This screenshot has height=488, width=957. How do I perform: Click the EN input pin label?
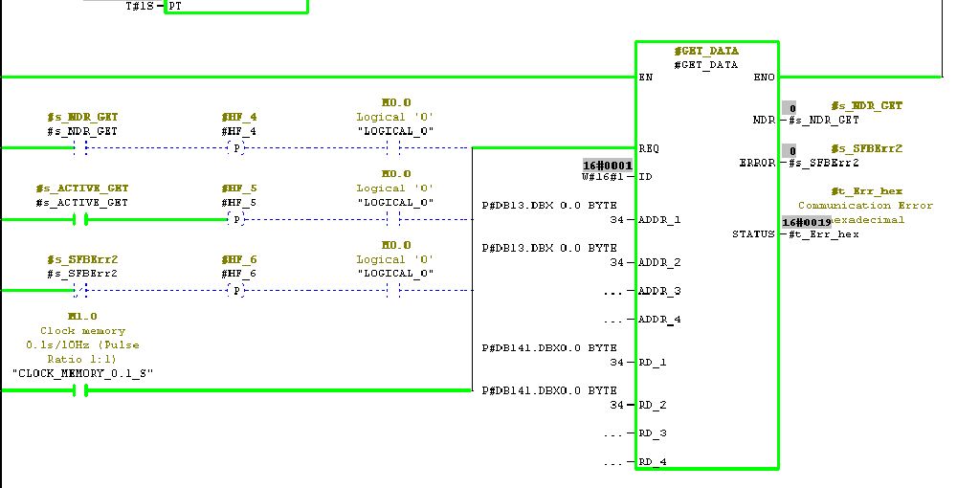tap(647, 78)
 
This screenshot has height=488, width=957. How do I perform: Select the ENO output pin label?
tap(765, 78)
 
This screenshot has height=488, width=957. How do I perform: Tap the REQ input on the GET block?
tap(650, 148)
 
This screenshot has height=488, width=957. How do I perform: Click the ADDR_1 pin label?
tap(659, 220)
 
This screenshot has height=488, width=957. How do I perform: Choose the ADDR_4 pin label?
tap(659, 320)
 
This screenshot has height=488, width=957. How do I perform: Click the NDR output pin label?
tap(765, 121)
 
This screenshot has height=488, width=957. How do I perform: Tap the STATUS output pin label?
tap(754, 234)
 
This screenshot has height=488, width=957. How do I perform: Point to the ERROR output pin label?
tap(757, 164)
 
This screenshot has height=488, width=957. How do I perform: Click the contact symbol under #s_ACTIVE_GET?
tap(80, 220)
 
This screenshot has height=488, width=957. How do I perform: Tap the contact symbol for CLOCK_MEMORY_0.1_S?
tap(80, 390)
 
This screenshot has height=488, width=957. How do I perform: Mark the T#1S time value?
tap(140, 6)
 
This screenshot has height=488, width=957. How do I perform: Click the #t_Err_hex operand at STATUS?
tap(823, 234)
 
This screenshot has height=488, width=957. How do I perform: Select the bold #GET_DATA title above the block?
tap(706, 51)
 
